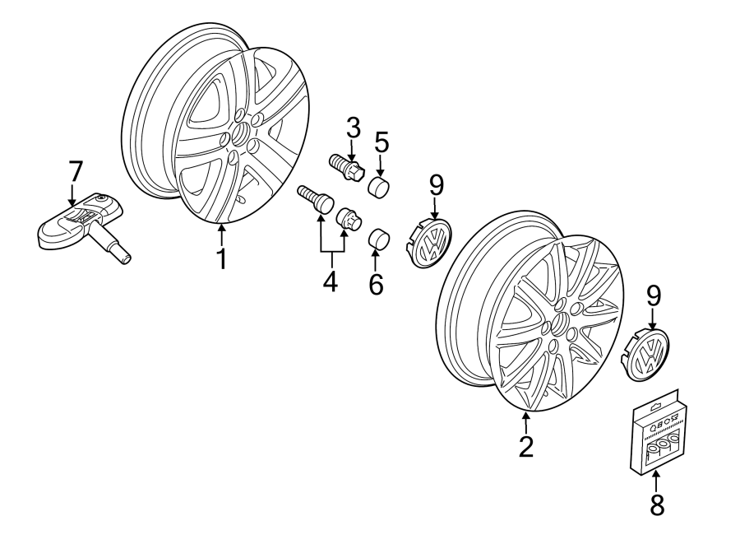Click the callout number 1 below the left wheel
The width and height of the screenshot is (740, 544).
(220, 258)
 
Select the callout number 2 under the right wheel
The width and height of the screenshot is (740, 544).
(525, 445)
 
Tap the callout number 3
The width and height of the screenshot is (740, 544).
(353, 128)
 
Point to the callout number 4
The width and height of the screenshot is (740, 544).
(330, 281)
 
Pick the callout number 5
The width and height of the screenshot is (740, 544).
(382, 142)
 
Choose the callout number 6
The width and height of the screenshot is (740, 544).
(376, 285)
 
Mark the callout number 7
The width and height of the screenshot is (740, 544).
(74, 172)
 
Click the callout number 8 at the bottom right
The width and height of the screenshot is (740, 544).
(655, 504)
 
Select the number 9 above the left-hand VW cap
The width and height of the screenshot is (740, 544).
(435, 185)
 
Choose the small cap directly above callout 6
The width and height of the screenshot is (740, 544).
(378, 239)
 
